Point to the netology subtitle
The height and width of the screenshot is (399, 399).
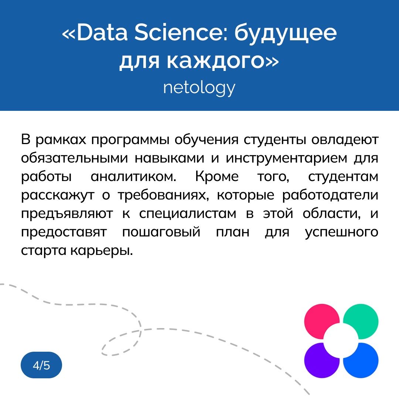point(199,88)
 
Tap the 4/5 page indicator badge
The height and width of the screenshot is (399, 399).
point(41,365)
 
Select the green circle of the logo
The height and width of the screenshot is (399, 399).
point(361,321)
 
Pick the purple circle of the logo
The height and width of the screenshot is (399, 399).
point(321,361)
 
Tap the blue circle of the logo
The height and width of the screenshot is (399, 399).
point(361,361)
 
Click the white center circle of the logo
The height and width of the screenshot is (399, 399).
point(341,341)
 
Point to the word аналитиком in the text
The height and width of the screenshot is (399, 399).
point(134,177)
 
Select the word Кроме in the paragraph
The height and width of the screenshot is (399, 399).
point(217,176)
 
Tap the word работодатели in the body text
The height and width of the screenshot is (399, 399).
point(330,195)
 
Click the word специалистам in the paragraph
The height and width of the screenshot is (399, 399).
point(188,214)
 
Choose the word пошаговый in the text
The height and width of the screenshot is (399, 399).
point(161,232)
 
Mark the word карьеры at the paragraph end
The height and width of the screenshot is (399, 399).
point(102,251)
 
